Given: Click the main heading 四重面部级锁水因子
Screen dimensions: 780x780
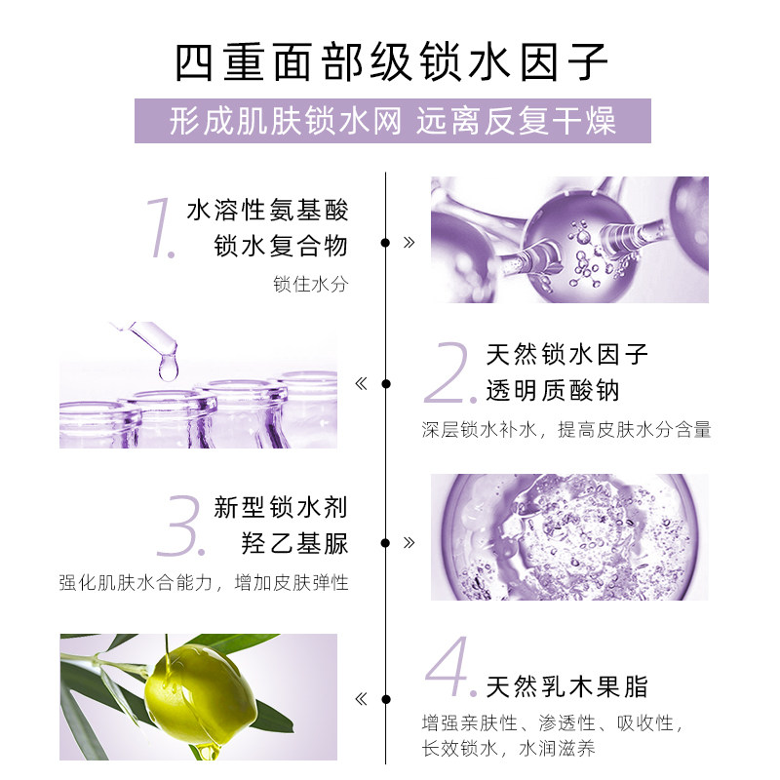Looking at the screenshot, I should (390, 63).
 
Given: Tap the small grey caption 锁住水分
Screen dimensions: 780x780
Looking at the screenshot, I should (310, 284).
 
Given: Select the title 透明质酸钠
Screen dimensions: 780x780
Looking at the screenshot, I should (553, 391).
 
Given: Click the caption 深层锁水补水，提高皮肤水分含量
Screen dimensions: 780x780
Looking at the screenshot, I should (566, 430).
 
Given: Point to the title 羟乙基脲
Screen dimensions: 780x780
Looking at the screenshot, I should (294, 543).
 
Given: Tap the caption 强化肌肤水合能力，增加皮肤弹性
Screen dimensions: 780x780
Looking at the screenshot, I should (204, 583).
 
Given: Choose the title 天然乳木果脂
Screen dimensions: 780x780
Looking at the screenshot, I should (566, 686).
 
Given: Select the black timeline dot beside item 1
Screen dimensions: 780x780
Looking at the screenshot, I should (386, 242).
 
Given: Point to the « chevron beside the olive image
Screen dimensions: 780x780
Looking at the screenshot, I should (362, 699).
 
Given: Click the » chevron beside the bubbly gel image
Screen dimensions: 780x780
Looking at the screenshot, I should (409, 541).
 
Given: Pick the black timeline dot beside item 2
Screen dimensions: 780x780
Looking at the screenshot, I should (386, 383).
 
